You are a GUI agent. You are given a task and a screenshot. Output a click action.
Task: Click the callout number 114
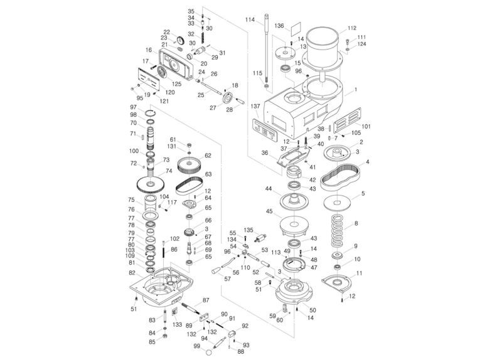click(x=250, y=20)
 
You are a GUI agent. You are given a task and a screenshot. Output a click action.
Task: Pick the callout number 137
click(x=255, y=107)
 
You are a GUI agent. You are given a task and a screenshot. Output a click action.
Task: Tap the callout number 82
click(x=132, y=273)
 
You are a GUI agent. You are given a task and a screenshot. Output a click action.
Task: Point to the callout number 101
click(x=366, y=127)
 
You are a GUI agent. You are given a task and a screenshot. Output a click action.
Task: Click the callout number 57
click(x=227, y=278)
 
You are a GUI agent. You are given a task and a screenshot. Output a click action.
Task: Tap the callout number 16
click(x=149, y=50)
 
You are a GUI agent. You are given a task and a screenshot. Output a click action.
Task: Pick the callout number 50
click(x=313, y=310)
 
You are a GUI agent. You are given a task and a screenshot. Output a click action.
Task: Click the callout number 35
click(x=191, y=12)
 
